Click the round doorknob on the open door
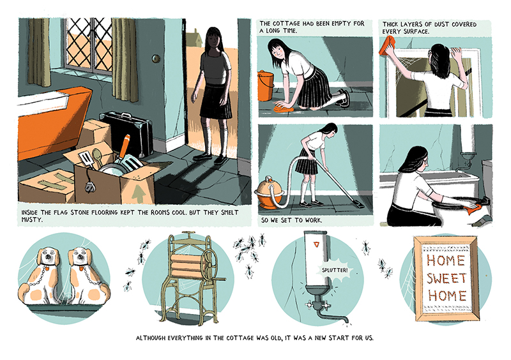[x=156, y=59]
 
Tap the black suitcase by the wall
[x=127, y=132]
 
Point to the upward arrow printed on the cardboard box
[x=139, y=193]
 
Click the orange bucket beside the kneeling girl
[x=266, y=86]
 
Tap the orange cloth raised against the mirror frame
[x=387, y=45]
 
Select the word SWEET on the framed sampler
[x=447, y=278]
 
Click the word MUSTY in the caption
[x=33, y=220]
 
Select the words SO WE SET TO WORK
[x=291, y=220]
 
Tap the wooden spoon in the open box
[x=98, y=158]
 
